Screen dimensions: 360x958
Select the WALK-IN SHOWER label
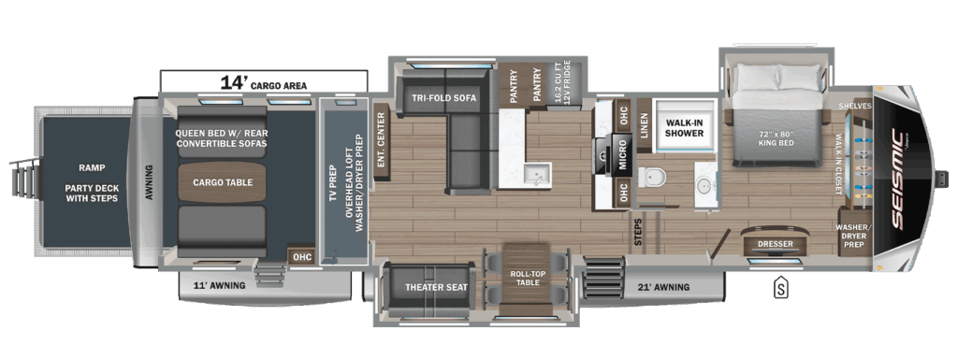(684, 127)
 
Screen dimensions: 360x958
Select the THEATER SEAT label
(435, 286)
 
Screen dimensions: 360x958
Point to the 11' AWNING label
(219, 285)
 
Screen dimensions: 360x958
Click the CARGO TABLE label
(223, 182)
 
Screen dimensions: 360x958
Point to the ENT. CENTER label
(381, 139)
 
